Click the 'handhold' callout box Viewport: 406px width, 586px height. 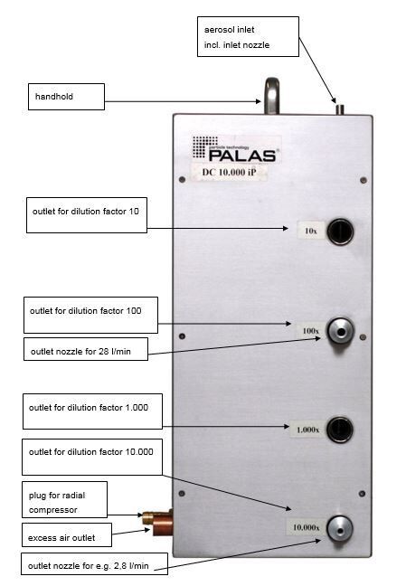tap(66, 97)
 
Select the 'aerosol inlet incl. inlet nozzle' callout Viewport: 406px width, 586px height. tap(248, 36)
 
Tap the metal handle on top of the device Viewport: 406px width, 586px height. tap(272, 95)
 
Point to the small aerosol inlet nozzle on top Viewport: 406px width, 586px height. tap(340, 109)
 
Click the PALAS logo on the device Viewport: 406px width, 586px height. tap(235, 148)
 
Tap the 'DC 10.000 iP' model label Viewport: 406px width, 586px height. tap(229, 173)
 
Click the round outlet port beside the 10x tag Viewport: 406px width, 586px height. tap(340, 232)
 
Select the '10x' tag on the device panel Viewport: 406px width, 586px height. tap(311, 231)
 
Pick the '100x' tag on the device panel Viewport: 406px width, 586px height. tap(311, 331)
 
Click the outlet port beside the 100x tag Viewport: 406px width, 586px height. tap(340, 331)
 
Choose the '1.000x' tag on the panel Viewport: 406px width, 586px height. tap(307, 430)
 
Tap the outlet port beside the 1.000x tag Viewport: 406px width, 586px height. tap(339, 430)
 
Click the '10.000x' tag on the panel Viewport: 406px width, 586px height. tap(306, 527)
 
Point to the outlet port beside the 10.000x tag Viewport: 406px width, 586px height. tap(339, 528)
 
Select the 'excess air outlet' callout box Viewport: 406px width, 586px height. tap(67, 534)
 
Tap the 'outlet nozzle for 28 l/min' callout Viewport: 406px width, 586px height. tap(86, 349)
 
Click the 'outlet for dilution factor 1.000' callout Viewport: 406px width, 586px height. tap(92, 411)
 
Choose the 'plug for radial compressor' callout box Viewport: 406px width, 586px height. tap(64, 500)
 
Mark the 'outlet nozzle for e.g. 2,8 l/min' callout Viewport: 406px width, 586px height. tap(94, 564)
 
